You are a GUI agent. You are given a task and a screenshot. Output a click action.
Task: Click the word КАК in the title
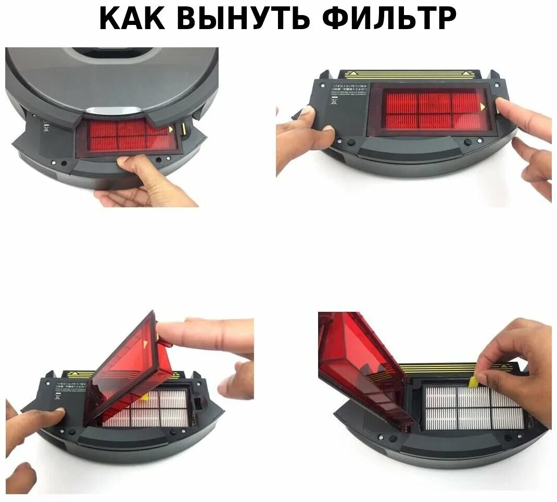click(x=133, y=19)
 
